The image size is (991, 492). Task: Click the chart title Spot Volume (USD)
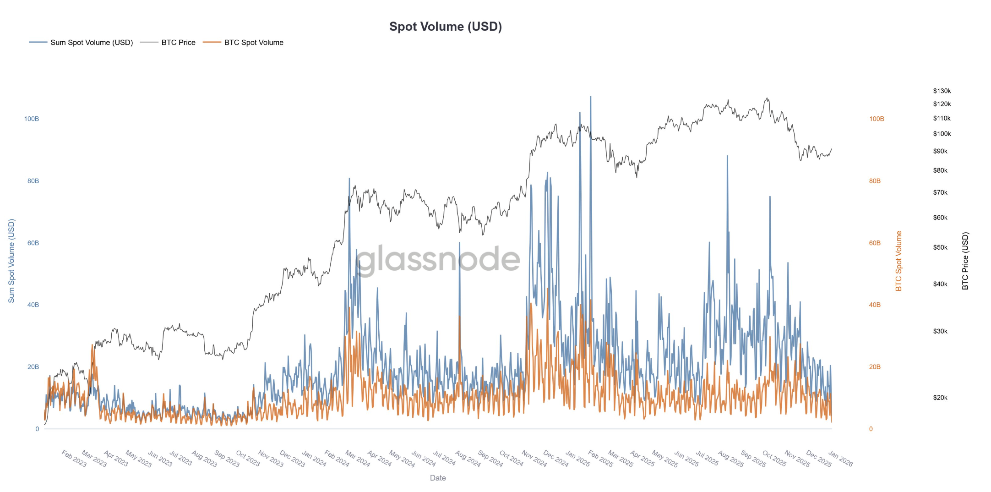pyautogui.click(x=445, y=27)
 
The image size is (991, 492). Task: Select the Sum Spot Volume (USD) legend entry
pyautogui.click(x=91, y=43)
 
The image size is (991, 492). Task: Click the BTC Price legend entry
pyautogui.click(x=178, y=43)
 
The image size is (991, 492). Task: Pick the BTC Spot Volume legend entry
pyautogui.click(x=253, y=43)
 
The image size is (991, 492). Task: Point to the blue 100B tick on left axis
pyautogui.click(x=31, y=119)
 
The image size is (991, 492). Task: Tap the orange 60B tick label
pyautogui.click(x=874, y=243)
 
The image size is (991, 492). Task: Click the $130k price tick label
pyautogui.click(x=942, y=91)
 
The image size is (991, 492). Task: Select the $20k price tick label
pyautogui.click(x=940, y=398)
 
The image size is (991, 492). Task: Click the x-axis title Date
pyautogui.click(x=437, y=478)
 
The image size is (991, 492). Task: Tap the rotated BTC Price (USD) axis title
pyautogui.click(x=965, y=261)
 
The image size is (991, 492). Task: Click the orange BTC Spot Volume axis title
pyautogui.click(x=898, y=261)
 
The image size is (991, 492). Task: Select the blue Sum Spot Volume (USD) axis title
pyautogui.click(x=11, y=261)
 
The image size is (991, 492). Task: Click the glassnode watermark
pyautogui.click(x=437, y=259)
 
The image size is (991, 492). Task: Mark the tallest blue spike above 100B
pyautogui.click(x=590, y=97)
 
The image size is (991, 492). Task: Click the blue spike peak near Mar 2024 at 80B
pyautogui.click(x=349, y=179)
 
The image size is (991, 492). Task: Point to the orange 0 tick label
pyautogui.click(x=871, y=429)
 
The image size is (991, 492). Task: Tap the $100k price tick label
pyautogui.click(x=942, y=134)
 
